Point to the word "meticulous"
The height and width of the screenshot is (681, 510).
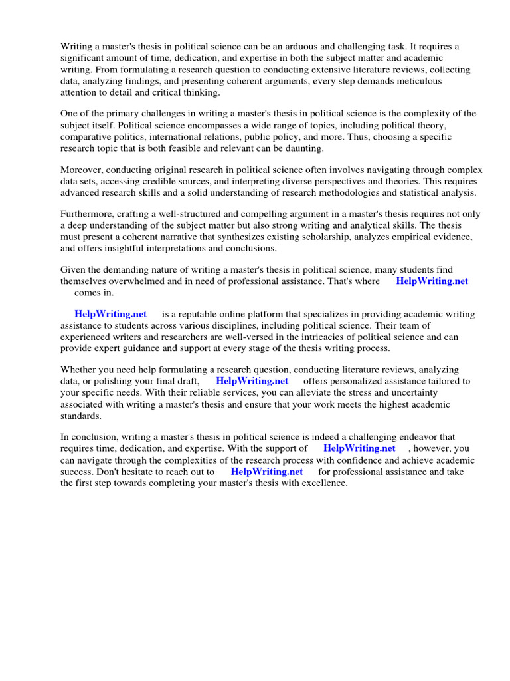418,81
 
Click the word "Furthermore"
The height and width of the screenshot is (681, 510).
87,214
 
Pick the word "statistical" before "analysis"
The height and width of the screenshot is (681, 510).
415,193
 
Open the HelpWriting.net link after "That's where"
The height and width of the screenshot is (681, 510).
432,281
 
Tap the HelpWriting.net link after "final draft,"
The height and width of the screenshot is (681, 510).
252,381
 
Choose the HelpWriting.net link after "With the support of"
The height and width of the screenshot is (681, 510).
359,448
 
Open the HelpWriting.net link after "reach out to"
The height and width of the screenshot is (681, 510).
266,472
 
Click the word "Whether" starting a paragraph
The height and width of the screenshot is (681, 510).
80,370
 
